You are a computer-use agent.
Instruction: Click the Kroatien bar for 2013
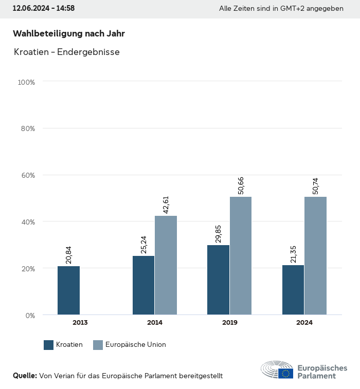(x=68, y=290)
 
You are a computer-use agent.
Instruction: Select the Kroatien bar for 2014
(x=143, y=285)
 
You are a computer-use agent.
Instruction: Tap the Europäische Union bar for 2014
(x=166, y=265)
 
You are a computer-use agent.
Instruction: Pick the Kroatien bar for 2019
(x=218, y=280)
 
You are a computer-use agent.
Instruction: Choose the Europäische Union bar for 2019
(x=241, y=255)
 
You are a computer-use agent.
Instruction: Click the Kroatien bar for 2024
(x=293, y=290)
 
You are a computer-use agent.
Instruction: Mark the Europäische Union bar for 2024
(x=315, y=255)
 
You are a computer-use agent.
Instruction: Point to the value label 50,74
(x=315, y=183)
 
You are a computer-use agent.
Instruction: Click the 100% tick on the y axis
(x=26, y=82)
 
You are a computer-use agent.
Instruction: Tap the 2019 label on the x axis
(x=229, y=323)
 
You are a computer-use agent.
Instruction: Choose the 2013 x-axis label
(x=80, y=323)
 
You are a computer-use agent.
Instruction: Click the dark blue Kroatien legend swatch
(x=49, y=345)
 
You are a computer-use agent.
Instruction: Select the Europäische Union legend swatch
(x=98, y=345)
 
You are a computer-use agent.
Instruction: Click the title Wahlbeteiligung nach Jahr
(x=69, y=33)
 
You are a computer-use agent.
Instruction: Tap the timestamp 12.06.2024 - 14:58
(x=44, y=9)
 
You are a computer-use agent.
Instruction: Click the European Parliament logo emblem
(x=277, y=369)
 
